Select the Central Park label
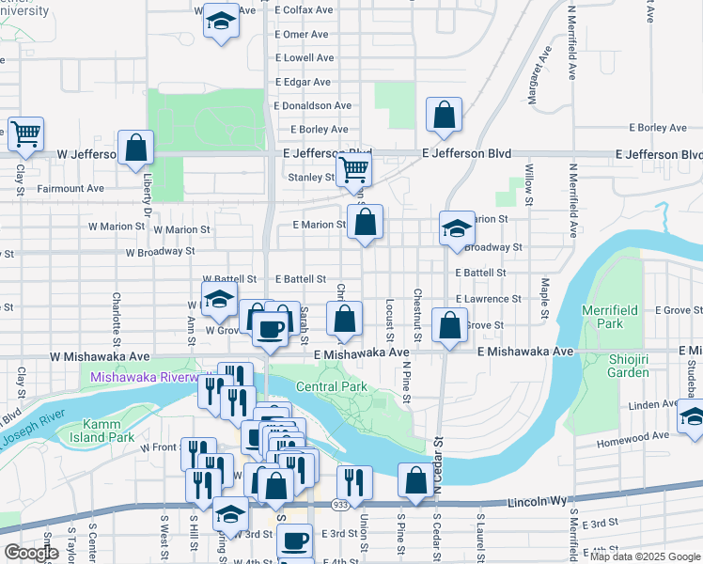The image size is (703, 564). pos(331,386)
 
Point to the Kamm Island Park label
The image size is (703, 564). pos(95,430)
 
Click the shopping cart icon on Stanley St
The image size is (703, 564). pos(353,170)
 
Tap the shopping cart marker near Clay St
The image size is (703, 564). pos(24,133)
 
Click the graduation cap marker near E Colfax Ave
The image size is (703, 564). pos(221,21)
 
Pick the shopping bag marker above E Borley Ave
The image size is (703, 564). pos(444,116)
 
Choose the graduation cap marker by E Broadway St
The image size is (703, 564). pos(456,228)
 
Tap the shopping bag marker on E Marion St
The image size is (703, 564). pos(366,223)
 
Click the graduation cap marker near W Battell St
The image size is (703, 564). pos(219,301)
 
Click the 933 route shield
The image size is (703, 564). pos(336,505)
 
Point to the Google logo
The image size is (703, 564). pos(31,553)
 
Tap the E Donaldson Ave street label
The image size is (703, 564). pos(313,106)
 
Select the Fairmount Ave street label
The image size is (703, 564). pos(70,188)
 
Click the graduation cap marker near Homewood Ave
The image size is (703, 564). pos(691,417)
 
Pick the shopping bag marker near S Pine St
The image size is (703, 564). pos(415,480)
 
